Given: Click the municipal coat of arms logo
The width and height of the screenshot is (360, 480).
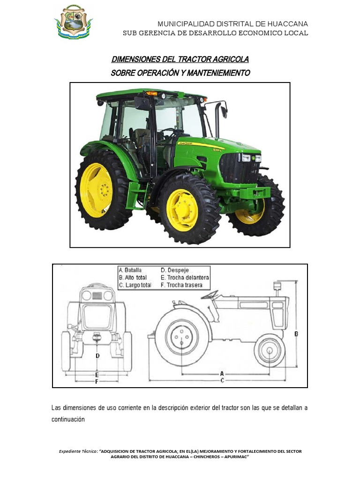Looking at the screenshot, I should (73, 22).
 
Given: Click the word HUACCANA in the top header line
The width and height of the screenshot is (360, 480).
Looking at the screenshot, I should (288, 24).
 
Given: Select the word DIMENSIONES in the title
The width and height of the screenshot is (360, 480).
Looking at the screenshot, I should (136, 60).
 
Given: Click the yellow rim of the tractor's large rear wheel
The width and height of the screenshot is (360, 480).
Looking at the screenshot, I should (96, 190).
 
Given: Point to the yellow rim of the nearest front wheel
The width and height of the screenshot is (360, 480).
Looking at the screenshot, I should (181, 210).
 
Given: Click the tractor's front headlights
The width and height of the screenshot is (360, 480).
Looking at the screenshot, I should (250, 158).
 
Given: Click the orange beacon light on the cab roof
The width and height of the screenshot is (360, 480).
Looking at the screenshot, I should (151, 93).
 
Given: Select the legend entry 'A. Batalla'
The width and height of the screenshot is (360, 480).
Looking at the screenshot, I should (131, 270).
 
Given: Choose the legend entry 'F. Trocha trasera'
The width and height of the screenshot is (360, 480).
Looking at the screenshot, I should (181, 285).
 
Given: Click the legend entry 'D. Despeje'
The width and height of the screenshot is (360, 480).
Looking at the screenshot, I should (175, 270).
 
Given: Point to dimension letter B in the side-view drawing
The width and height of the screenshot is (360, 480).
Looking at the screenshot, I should (296, 334).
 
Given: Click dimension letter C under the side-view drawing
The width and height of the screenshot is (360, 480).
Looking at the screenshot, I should (222, 380).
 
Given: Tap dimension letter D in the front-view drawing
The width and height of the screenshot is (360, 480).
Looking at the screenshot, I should (97, 356).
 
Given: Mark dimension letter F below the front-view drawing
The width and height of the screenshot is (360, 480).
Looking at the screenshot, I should (97, 382).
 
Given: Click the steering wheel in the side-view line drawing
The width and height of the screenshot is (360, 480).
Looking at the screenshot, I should (210, 294).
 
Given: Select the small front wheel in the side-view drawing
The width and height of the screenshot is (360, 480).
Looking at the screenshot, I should (269, 349).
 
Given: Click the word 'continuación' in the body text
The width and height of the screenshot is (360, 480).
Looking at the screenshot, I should (68, 419).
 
